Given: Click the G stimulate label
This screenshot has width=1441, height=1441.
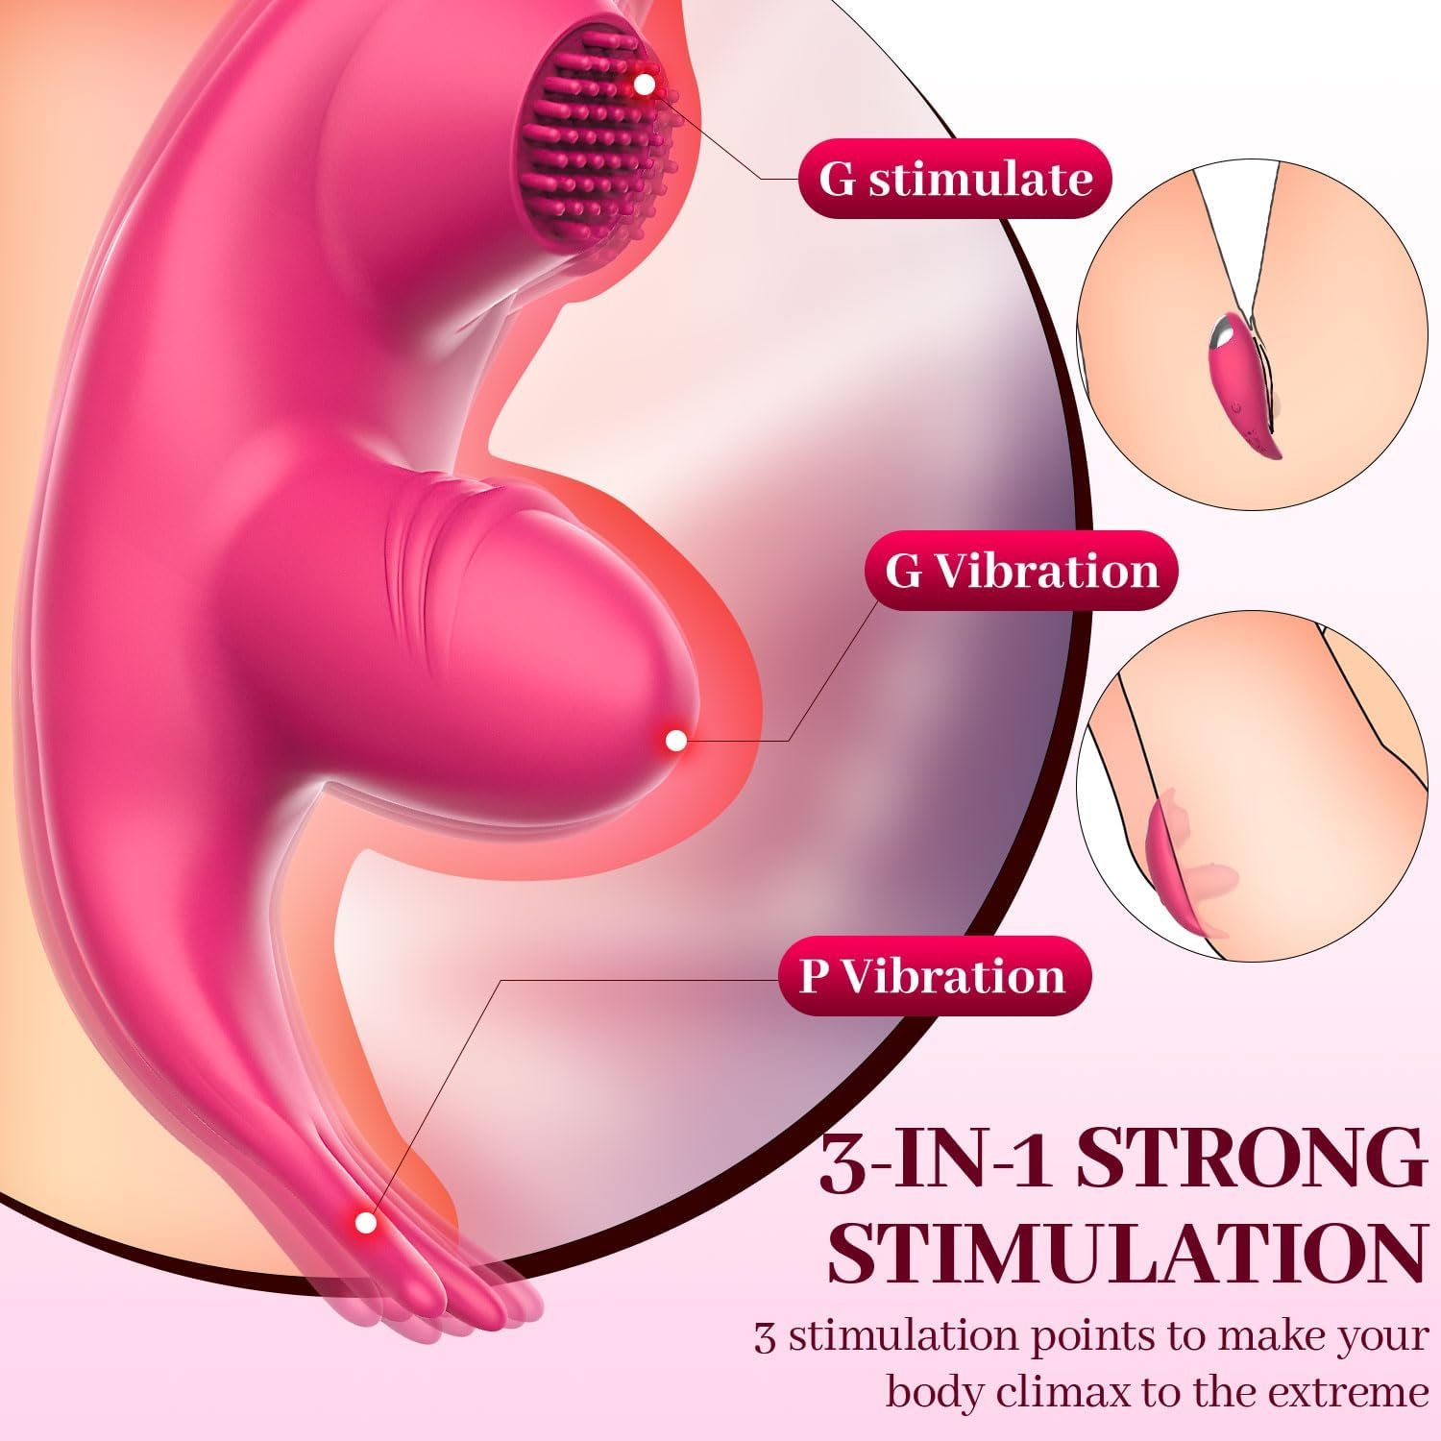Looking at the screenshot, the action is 955,179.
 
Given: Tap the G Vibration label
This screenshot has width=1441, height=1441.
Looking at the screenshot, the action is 1020,571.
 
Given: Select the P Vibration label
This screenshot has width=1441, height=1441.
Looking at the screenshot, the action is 935,976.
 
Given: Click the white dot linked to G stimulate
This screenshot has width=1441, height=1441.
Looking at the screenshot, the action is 645,85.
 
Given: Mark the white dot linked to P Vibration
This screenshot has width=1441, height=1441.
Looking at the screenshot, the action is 365,1222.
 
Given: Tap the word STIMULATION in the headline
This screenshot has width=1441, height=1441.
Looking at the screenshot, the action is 1126,1253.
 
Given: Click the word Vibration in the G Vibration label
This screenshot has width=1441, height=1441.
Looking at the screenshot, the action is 1047,571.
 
